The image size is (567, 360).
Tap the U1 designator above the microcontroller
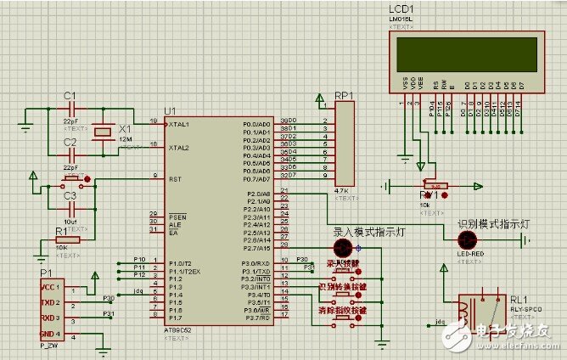pos(171,111)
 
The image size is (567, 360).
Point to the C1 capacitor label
pos(70,94)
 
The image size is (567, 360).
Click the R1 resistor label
pos(61,230)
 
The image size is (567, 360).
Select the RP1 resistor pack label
pos(345,95)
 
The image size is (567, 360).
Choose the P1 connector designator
pos(46,272)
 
